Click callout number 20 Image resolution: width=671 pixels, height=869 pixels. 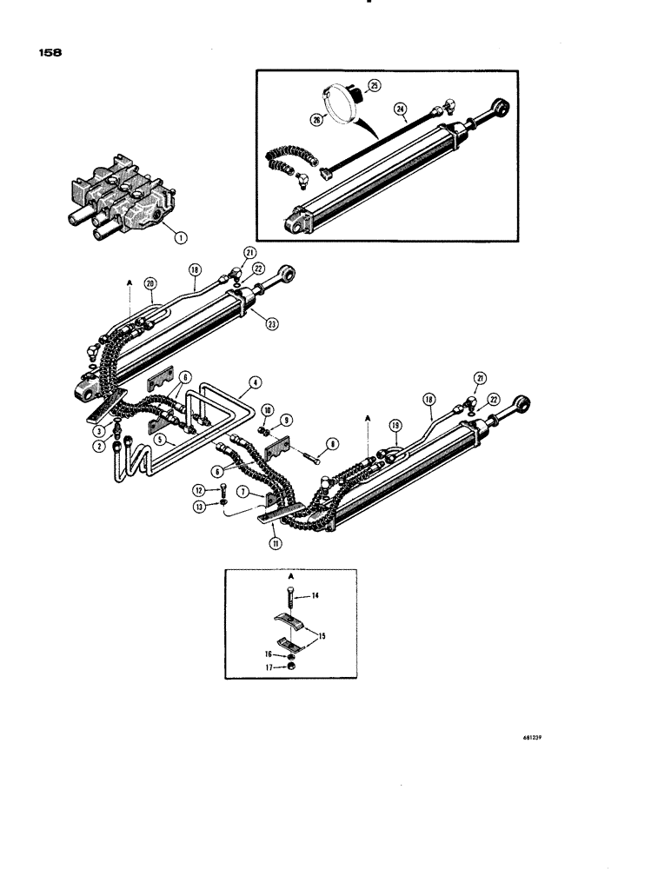click(151, 283)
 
